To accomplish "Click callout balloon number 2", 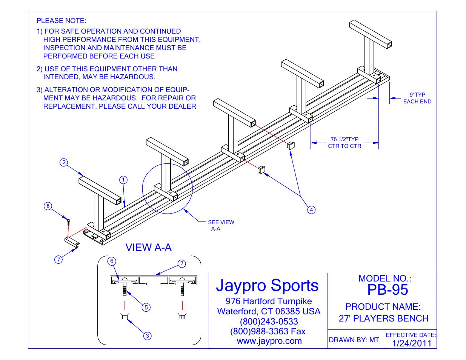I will tap(64, 162).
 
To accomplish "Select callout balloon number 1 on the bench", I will tap(123, 180).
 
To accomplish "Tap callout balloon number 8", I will tap(48, 206).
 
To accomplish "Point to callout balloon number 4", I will tap(311, 210).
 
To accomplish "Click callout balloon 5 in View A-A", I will tap(146, 307).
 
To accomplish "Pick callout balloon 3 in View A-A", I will tap(148, 335).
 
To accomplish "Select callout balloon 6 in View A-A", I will tap(112, 261).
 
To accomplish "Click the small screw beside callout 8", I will tap(68, 222).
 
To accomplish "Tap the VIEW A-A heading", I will tap(148, 248).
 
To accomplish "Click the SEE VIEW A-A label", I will tap(221, 225).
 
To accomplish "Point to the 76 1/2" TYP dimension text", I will tap(345, 143).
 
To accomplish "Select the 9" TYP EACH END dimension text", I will tap(417, 98).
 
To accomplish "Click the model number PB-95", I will tap(388, 290).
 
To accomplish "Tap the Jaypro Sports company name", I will tap(267, 285).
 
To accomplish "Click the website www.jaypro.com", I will tap(269, 341).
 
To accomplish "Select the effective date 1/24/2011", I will tap(411, 343).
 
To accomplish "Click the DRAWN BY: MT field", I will tap(354, 340).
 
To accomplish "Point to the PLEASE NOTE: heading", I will tap(62, 21).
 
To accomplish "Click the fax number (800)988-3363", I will tap(268, 331).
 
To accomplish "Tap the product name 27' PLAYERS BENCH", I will tap(383, 318).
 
